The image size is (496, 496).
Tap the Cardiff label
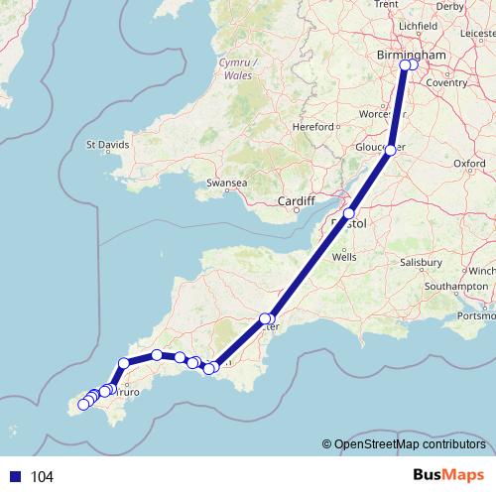tap(297, 199)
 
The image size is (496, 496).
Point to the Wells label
tap(345, 256)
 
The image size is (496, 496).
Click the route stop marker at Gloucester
tap(391, 150)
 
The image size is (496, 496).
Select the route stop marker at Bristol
tap(348, 214)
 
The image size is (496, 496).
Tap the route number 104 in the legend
tap(42, 477)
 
